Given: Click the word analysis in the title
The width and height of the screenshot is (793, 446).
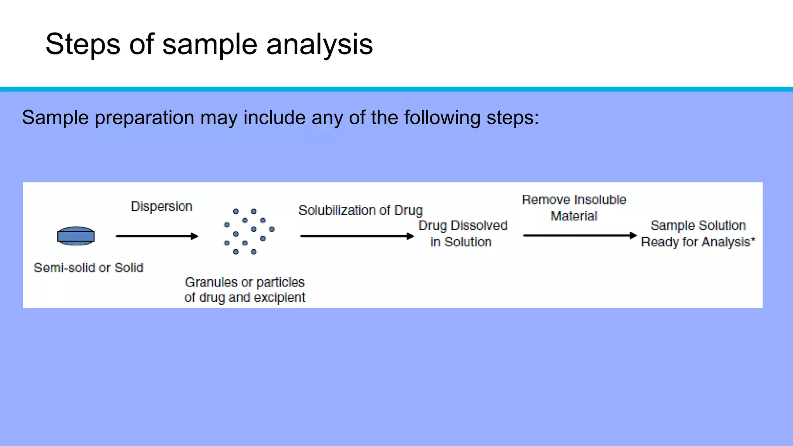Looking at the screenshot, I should click(x=319, y=45).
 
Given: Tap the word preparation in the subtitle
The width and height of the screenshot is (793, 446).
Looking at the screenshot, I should click(x=144, y=118).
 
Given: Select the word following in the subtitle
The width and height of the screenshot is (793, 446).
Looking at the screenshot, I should click(x=442, y=118).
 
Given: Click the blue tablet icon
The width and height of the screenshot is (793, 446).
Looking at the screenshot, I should click(x=76, y=236).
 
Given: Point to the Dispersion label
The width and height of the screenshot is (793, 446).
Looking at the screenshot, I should click(x=161, y=206).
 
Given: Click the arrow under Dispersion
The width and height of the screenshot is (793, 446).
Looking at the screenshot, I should click(x=156, y=236).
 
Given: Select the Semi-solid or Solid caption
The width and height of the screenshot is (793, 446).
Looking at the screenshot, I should click(x=89, y=268).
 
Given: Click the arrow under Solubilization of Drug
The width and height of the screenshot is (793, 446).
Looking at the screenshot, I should click(x=357, y=236).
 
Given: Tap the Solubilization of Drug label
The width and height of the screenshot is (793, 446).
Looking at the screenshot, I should click(x=360, y=210).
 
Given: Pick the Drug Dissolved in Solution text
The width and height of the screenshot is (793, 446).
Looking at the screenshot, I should click(x=462, y=233).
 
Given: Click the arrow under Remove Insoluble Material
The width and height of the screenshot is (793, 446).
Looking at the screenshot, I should click(x=579, y=235).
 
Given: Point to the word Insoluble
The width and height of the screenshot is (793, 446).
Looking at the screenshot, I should click(x=600, y=200).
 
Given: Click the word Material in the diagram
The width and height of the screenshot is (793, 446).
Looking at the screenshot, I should click(x=574, y=216).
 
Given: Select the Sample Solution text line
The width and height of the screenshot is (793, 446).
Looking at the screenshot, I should click(x=698, y=225).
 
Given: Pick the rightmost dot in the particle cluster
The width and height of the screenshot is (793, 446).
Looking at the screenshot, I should click(x=272, y=229).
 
